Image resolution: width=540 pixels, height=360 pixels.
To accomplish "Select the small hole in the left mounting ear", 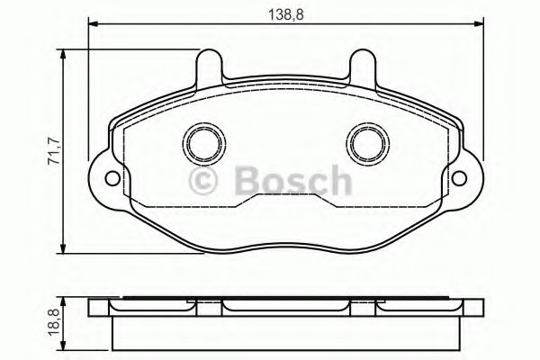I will [x=111, y=177].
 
